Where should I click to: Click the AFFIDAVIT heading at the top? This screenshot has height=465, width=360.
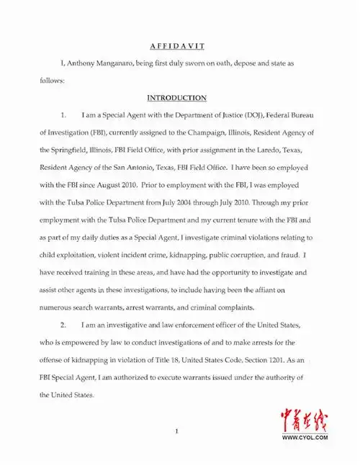tap(177, 45)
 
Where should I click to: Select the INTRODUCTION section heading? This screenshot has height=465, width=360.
tap(177, 97)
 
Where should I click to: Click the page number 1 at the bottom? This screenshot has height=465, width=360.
tap(176, 430)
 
